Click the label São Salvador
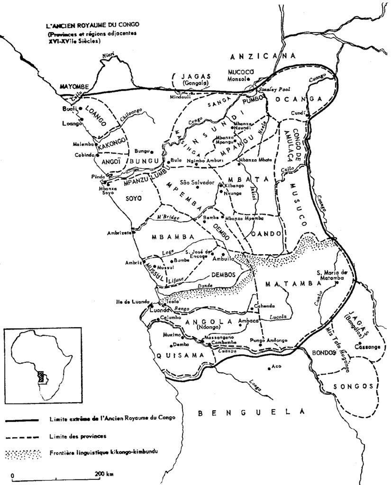pos(197,182)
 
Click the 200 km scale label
pos(103,474)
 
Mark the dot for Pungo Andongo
pos(260,345)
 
